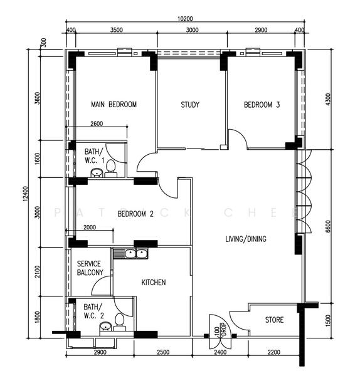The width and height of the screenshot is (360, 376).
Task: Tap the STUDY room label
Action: tap(189, 105)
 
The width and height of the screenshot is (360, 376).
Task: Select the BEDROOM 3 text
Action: tap(262, 105)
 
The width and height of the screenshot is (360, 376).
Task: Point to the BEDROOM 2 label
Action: tap(135, 214)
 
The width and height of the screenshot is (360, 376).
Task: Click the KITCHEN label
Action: tap(153, 283)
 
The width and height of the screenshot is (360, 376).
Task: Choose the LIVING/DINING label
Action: tap(246, 239)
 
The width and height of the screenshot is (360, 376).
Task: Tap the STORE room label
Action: tap(274, 320)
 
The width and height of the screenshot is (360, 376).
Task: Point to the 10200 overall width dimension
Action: tap(184, 18)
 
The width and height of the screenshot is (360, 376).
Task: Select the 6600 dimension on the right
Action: tap(329, 226)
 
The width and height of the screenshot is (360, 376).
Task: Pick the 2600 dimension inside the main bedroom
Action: tap(97, 123)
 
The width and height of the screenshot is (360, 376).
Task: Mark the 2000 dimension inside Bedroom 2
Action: tap(90, 227)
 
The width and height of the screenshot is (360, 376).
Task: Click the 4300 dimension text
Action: tap(329, 100)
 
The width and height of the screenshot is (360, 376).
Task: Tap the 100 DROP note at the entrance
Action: tap(220, 328)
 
